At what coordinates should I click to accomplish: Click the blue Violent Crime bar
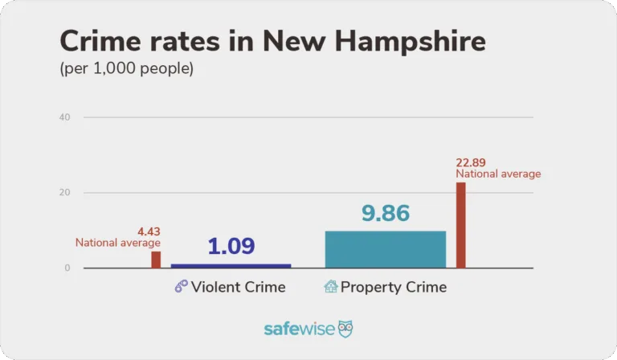point(231,265)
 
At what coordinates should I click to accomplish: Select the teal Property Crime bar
point(385,249)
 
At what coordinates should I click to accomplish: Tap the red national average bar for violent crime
point(156,260)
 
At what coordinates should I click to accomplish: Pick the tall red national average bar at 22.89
point(460,225)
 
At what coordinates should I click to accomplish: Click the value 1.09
point(231,246)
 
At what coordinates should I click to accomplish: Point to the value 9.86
point(385,213)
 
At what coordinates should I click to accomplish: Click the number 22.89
point(471,162)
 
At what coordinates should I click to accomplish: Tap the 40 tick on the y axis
point(64,117)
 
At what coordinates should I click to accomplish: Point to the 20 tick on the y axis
point(64,193)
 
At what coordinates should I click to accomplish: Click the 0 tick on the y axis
point(67,268)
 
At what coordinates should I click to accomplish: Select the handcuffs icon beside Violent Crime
point(181,287)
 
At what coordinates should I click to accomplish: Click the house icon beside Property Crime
point(330,287)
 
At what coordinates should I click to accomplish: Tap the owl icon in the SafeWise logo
point(345,329)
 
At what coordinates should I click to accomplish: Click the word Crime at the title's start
point(96,41)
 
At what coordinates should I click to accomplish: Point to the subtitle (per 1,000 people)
point(127,69)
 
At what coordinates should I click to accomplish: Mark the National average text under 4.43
point(118,243)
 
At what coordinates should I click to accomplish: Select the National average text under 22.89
point(498,174)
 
